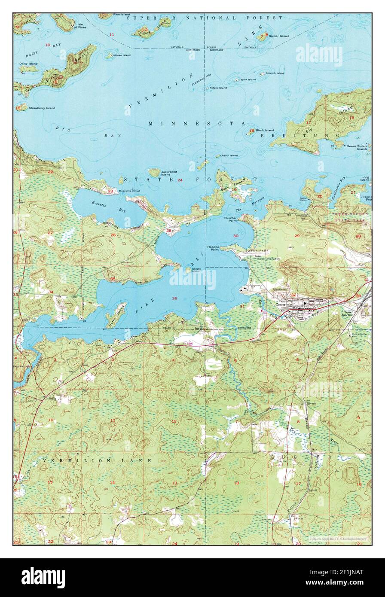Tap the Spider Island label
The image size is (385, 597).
(279, 36)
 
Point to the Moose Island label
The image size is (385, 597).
(122, 55)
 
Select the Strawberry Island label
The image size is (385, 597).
(42, 108)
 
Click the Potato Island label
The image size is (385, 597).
(218, 88)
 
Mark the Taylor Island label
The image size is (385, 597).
(247, 79)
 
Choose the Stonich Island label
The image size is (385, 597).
(275, 73)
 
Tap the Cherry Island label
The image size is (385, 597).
(229, 155)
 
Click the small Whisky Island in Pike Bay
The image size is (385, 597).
(189, 270)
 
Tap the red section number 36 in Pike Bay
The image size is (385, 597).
(174, 298)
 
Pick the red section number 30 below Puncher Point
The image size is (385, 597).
(235, 236)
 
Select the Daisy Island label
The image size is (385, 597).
(28, 64)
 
